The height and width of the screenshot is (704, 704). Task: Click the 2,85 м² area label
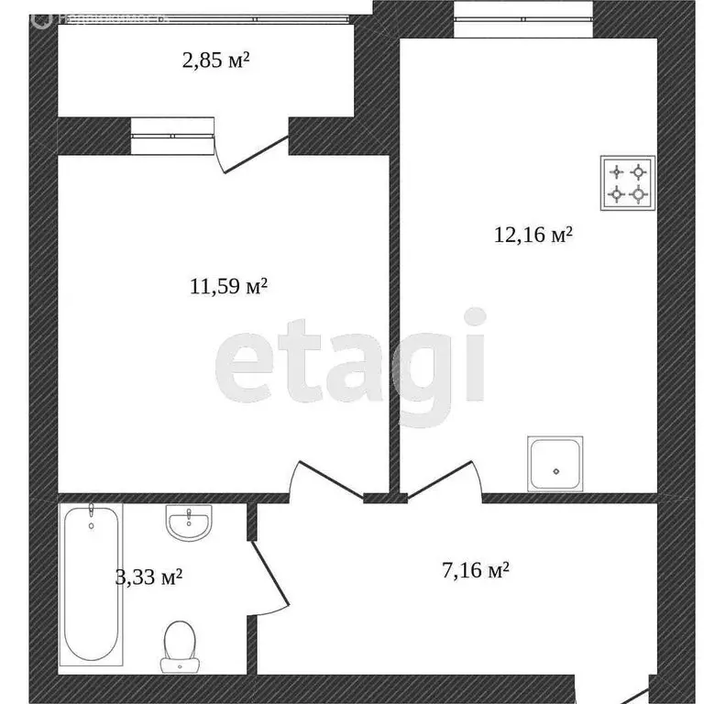tap(216, 61)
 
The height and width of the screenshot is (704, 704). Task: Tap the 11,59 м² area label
tap(228, 287)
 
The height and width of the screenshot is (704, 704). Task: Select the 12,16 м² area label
tap(533, 236)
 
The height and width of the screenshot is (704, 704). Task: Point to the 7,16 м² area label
tap(476, 571)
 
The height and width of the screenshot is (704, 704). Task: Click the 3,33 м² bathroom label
tap(148, 577)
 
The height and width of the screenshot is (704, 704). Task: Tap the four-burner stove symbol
tap(628, 182)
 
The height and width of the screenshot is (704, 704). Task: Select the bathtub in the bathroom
tap(91, 585)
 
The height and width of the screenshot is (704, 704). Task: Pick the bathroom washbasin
tap(189, 524)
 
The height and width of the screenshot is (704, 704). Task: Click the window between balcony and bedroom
tap(172, 135)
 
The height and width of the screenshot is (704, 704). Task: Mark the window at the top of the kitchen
tap(523, 11)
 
